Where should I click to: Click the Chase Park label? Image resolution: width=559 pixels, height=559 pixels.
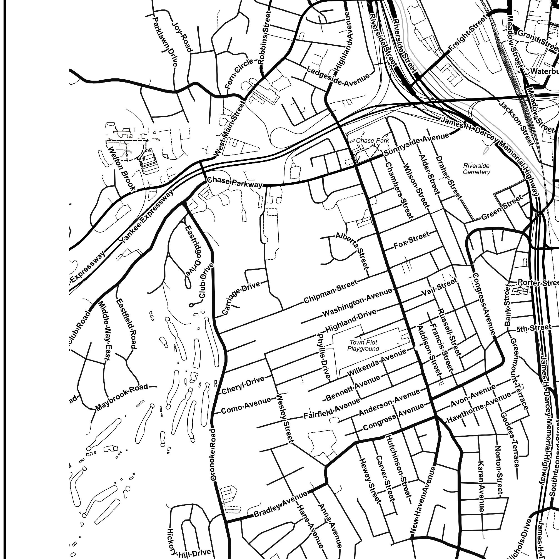tap(372, 140)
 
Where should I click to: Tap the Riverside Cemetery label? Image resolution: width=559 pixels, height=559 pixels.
tap(476, 169)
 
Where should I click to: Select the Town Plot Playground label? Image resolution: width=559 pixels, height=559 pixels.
tap(363, 345)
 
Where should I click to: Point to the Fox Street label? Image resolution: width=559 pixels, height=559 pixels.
tap(411, 240)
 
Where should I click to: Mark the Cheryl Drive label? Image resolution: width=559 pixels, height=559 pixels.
tap(243, 385)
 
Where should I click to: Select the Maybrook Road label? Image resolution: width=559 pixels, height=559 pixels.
tap(122, 397)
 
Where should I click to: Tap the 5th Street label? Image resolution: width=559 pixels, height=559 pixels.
tap(533, 328)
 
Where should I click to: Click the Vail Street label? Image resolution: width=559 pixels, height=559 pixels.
tap(439, 287)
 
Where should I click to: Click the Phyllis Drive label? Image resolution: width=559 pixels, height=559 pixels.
tap(324, 356)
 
